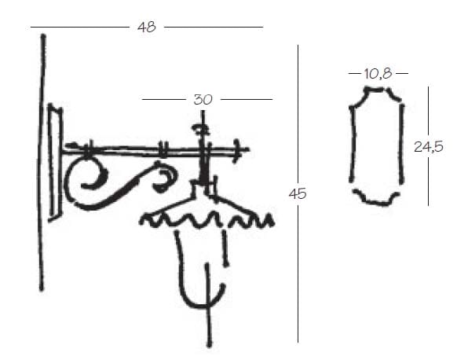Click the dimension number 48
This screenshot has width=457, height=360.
tap(147, 27)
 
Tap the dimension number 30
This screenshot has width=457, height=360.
tap(203, 100)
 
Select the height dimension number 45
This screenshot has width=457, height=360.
tap(298, 193)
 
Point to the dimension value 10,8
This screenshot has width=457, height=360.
tap(378, 74)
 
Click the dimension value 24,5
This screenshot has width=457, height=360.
tap(429, 146)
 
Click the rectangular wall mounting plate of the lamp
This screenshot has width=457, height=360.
tap(55, 163)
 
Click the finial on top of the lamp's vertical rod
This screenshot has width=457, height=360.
tap(200, 128)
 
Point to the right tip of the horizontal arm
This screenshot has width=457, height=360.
tap(248, 149)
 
